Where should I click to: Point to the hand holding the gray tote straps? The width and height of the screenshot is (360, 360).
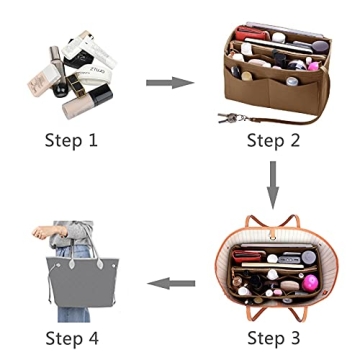coord(41,233)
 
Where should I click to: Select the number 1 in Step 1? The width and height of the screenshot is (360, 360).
coord(96,139)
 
